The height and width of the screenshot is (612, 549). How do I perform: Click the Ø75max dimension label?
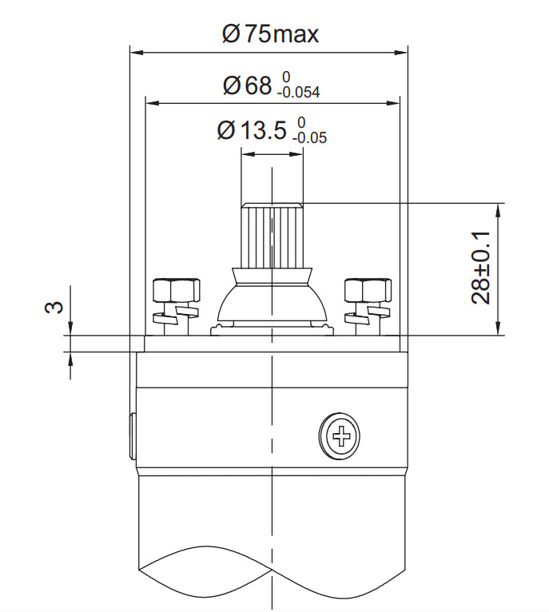[x=269, y=34]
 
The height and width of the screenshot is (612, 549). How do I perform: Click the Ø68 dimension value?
[x=248, y=85]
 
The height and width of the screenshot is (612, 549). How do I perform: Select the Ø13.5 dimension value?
[x=251, y=131]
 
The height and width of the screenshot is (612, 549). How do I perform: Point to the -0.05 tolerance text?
[x=309, y=137]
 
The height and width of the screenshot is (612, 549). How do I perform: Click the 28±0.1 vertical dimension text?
[x=480, y=268]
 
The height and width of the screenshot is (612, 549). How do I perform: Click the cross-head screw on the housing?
[x=341, y=436]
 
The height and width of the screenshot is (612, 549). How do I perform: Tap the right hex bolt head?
[x=367, y=288]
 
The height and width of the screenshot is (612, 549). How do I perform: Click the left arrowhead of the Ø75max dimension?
[x=134, y=54]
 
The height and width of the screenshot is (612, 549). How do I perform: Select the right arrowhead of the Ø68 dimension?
[x=395, y=102]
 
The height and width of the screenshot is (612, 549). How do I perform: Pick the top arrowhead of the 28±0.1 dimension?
[x=499, y=208]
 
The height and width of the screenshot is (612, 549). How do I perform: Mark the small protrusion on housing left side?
[x=132, y=436]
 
